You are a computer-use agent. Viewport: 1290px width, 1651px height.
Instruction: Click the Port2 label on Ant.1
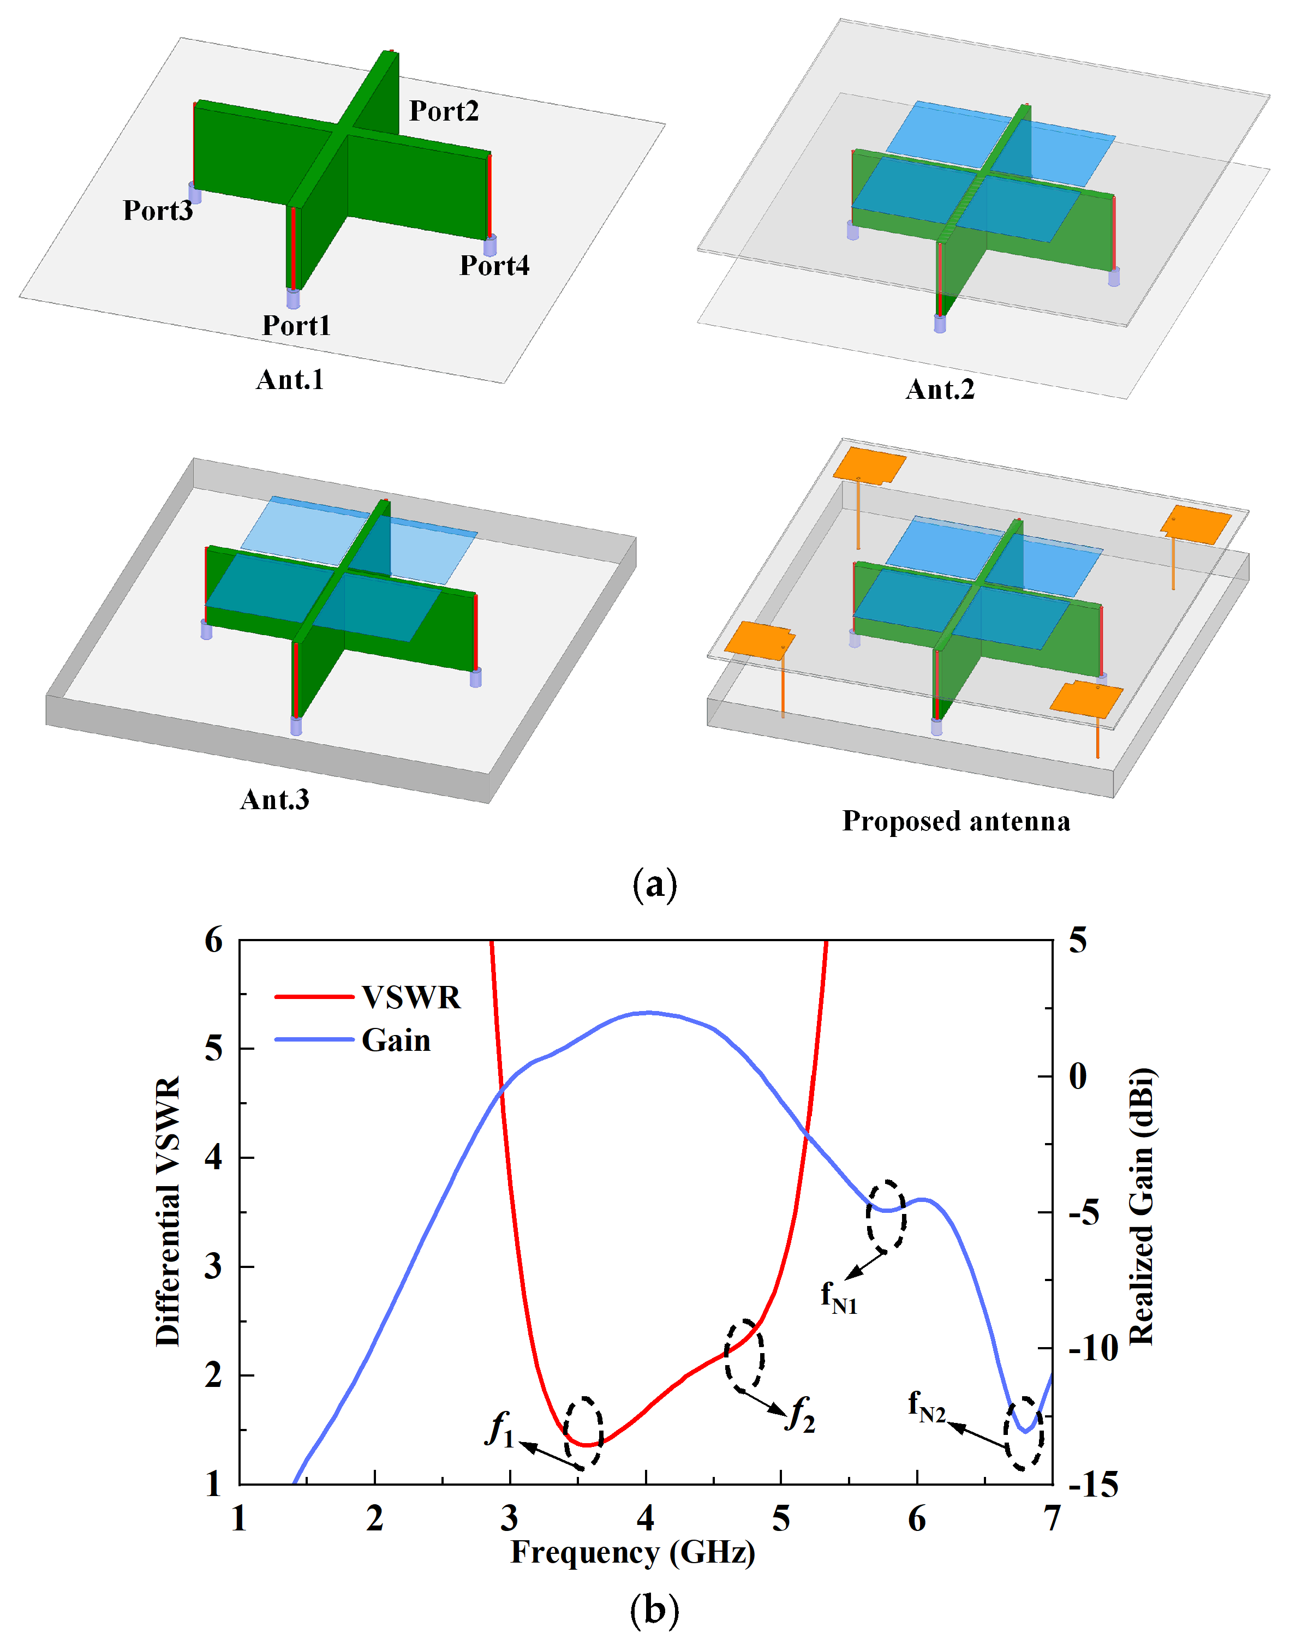click(444, 111)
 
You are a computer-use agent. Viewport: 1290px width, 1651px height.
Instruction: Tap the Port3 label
click(158, 210)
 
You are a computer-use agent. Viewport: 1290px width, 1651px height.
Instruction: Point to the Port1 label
click(296, 325)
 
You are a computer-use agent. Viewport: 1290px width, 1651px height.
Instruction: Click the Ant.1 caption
click(290, 380)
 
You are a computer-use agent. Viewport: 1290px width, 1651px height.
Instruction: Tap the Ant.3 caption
click(274, 800)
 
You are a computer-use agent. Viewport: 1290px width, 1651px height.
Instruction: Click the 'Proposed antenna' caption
click(956, 821)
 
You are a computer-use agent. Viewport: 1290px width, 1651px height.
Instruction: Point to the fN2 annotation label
click(926, 1407)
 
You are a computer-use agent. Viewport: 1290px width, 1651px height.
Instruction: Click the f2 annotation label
click(801, 1413)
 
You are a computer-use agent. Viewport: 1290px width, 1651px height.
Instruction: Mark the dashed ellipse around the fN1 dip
click(886, 1214)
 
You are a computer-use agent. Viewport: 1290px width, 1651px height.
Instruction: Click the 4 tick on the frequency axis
click(645, 1518)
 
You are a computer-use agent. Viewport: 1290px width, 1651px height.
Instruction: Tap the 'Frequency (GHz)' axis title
click(633, 1552)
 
